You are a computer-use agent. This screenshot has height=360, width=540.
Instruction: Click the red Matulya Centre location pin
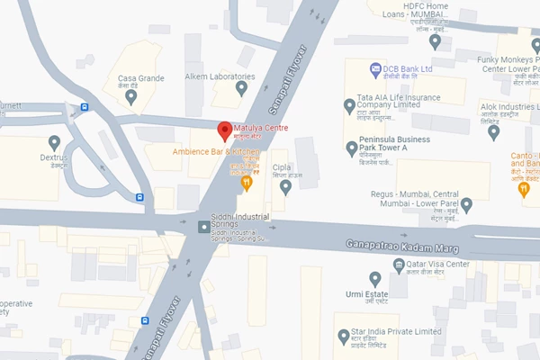tap(225, 130)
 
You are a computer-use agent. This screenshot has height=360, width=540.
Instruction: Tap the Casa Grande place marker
tap(131, 95)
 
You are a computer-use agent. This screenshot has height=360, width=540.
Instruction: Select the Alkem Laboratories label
tap(220, 76)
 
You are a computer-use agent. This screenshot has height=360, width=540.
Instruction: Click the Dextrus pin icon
tap(54, 142)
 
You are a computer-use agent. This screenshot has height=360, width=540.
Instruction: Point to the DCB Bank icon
tap(375, 68)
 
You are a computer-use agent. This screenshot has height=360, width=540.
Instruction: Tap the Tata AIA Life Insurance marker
tap(350, 105)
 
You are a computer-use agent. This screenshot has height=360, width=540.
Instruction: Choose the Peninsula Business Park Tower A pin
tap(352, 148)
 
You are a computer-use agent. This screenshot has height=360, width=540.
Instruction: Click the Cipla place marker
tap(285, 186)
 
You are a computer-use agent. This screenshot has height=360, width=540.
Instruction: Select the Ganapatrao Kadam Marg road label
tap(402, 245)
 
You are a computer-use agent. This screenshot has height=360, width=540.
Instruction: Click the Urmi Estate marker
tap(375, 279)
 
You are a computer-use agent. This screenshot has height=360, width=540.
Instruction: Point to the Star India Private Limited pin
tap(343, 337)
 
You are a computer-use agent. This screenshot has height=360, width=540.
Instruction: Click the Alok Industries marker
tap(493, 131)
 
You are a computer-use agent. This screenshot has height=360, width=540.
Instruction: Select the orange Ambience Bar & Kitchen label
tap(216, 152)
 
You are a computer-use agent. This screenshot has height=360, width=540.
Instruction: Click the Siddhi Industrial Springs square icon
tap(204, 226)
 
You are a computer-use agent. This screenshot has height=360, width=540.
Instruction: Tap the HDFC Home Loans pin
tap(436, 40)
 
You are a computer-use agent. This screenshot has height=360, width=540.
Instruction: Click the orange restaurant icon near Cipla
tap(247, 184)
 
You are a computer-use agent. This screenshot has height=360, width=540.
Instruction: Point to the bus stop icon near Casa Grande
tap(84, 107)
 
